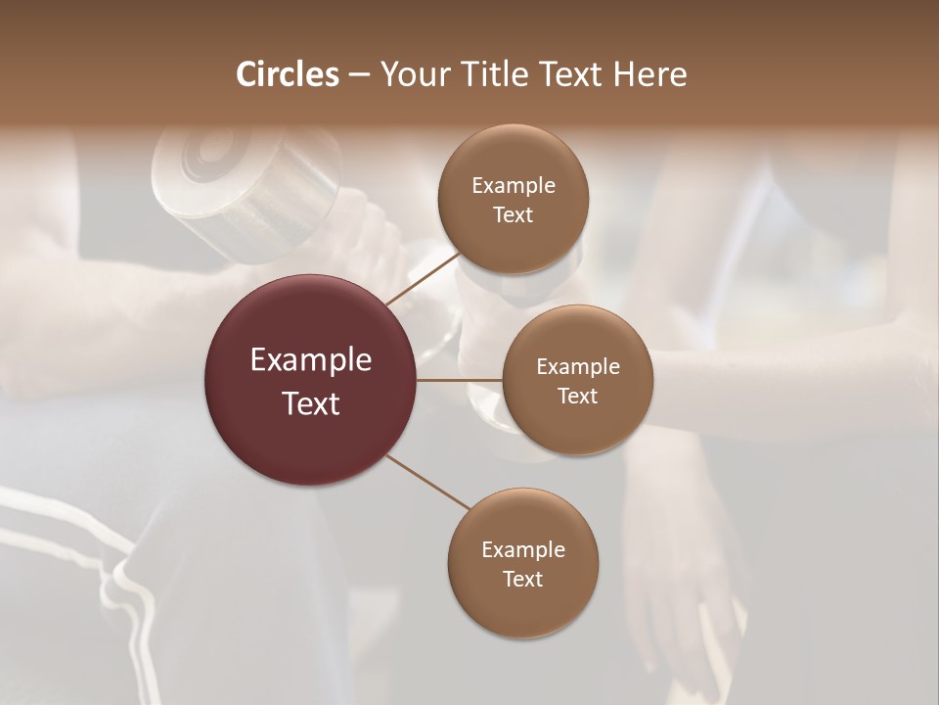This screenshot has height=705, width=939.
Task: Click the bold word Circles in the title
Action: coord(288,74)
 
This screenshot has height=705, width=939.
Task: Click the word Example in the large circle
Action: coord(311,360)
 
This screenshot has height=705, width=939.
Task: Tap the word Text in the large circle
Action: coord(311,403)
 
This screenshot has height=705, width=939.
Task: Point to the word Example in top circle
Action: coord(513,186)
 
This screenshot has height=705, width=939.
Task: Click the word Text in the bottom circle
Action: coord(522,579)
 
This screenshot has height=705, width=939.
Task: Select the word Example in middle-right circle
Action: coord(577,367)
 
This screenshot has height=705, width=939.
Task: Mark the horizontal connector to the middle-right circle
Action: coord(460,380)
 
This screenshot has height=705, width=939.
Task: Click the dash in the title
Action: coord(359,75)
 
